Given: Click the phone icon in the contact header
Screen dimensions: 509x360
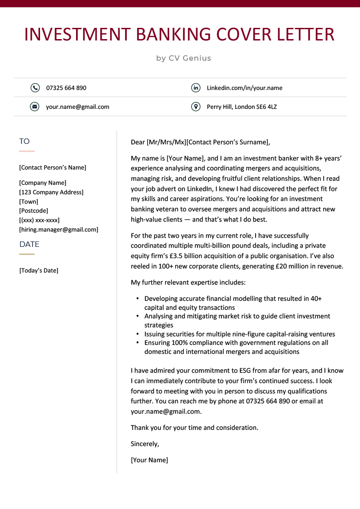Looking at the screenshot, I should coord(35,88).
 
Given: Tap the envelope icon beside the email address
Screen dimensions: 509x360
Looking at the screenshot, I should coord(35,107).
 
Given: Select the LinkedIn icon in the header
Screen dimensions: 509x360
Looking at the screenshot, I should coord(196,88).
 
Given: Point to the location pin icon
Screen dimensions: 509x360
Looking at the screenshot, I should coord(196,107).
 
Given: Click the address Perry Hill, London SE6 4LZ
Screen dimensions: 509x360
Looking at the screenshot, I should coord(242,107).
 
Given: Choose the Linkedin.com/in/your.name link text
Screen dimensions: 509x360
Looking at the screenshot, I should coord(244,88).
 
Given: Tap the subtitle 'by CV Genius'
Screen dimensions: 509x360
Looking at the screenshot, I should coord(184,58).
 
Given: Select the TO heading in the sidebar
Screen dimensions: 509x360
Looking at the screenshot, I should coord(24,142).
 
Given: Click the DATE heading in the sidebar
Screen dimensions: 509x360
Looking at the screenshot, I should coord(29,244).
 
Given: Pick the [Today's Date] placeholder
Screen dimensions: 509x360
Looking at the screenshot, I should coord(39,271).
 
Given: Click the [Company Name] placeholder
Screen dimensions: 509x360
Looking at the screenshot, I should coord(43,183).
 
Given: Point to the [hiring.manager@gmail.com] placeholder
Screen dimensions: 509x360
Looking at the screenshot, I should coord(58,230).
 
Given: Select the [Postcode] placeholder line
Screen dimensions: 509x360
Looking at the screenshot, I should coord(34,211).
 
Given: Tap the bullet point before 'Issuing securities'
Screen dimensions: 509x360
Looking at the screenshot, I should coord(137,334).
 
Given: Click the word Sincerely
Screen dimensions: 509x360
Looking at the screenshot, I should coord(145,444).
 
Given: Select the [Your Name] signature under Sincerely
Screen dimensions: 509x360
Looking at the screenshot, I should coord(149,460).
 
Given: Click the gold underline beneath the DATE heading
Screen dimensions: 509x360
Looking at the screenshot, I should coord(27,254).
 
